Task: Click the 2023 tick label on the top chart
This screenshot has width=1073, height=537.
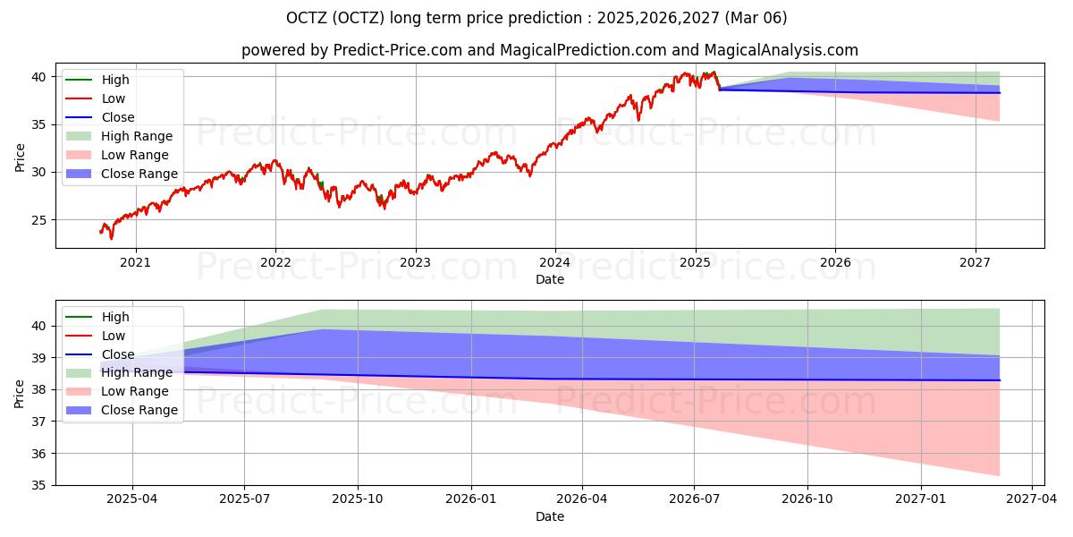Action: tap(415, 262)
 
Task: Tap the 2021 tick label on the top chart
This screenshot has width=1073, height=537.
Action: tap(135, 262)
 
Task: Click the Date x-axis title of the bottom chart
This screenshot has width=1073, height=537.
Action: tap(550, 516)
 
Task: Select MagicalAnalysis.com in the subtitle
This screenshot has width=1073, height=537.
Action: tap(786, 51)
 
